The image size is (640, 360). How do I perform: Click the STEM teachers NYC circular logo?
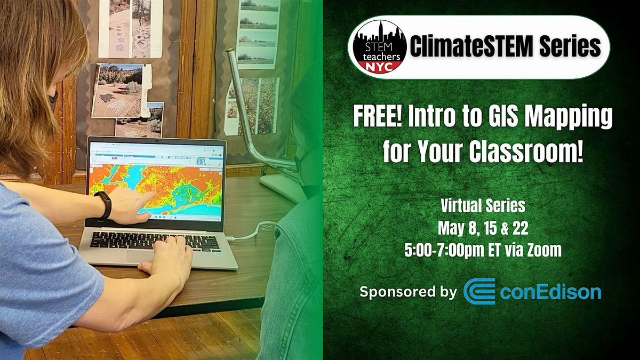coord(377,47)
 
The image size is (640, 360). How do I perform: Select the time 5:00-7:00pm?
coord(447,250)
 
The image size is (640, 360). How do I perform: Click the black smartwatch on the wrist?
coord(103,206)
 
